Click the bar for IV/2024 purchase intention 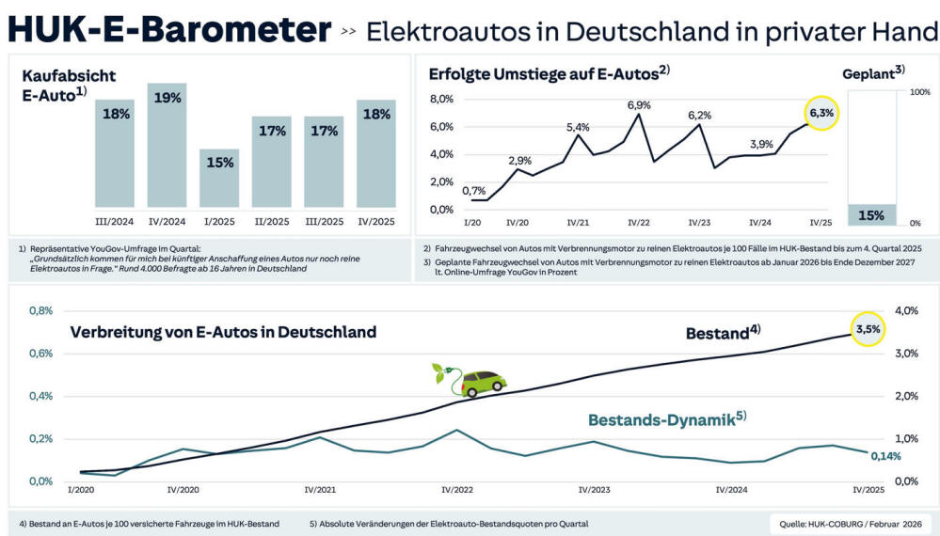(167, 146)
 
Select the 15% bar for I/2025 (219, 178)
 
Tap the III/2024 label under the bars (114, 223)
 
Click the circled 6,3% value (821, 113)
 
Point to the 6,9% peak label (639, 104)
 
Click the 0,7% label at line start (475, 191)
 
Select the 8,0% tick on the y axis (441, 99)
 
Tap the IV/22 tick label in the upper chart (639, 223)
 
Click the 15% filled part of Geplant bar (871, 215)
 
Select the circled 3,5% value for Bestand (868, 329)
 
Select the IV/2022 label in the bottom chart (458, 490)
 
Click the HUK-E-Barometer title (169, 30)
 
